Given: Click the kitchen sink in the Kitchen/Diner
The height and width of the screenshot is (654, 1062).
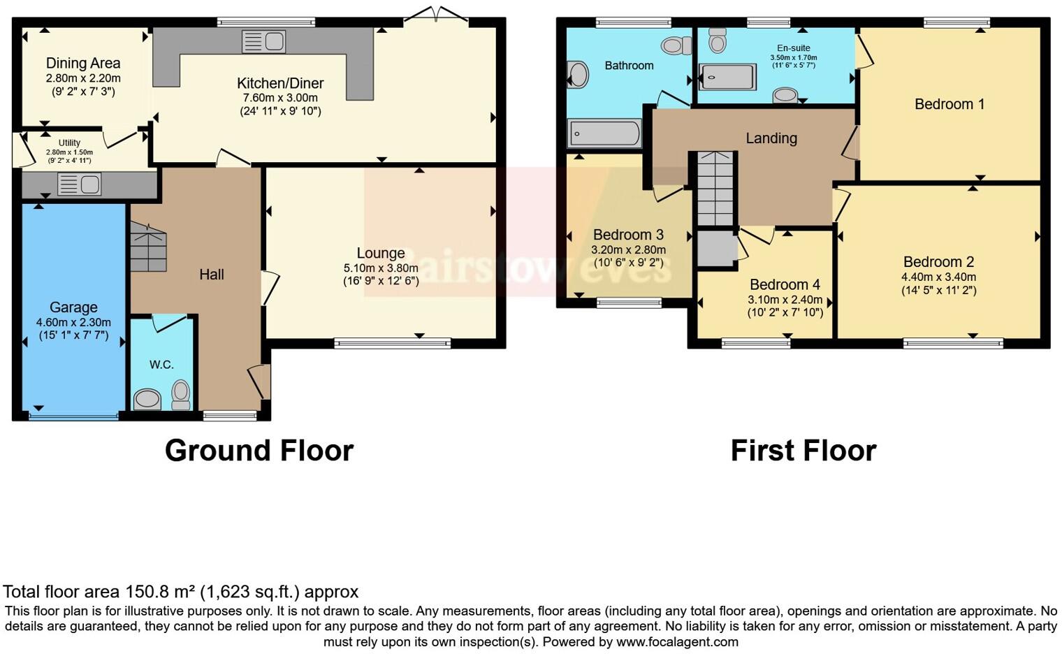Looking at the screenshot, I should (263, 42).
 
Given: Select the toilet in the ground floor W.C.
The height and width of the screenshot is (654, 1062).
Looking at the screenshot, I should (181, 394).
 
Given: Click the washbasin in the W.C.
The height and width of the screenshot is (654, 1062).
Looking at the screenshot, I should (147, 400).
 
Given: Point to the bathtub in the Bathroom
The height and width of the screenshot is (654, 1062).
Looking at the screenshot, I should (604, 133).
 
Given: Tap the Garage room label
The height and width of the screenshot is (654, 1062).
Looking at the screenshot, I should (73, 307).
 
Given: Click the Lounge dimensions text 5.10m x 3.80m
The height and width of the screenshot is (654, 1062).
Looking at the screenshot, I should (381, 268).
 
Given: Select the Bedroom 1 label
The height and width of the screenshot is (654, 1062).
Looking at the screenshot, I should (950, 104).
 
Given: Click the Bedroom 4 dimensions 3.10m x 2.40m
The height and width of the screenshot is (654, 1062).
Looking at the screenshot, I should (785, 300).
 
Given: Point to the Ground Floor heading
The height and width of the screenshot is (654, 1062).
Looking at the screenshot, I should (259, 451).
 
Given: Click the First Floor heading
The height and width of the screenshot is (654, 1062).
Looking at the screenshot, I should (803, 451).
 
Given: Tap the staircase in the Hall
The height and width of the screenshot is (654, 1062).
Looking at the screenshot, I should (148, 247).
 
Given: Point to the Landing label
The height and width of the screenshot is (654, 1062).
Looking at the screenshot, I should (771, 138).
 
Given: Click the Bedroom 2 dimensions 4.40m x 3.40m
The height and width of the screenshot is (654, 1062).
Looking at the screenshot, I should (938, 277).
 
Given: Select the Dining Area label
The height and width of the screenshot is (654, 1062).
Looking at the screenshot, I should (83, 64).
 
